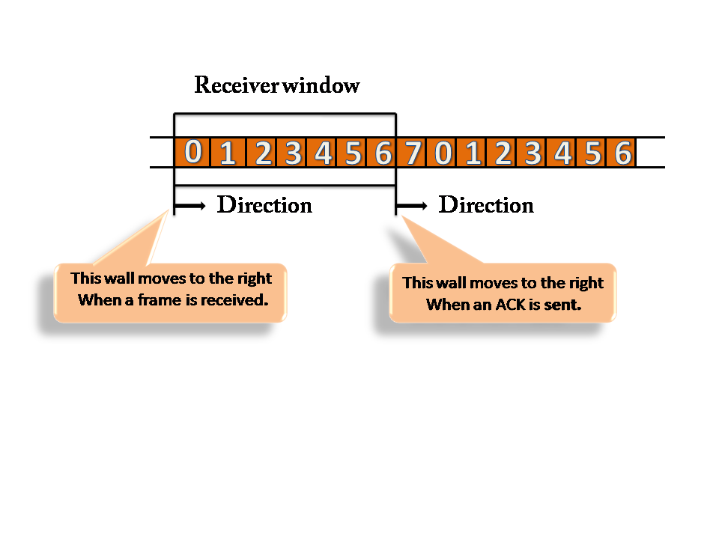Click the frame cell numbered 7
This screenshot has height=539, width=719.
pos(413,153)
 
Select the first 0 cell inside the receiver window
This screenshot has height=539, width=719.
pos(192,153)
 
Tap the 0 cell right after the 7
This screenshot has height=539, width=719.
pos(443,153)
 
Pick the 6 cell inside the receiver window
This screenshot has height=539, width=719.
pos(383,153)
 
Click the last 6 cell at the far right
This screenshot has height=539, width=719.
pos(622,153)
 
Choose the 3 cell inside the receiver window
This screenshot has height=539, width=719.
pos(293,153)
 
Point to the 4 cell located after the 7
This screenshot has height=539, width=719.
pos(562,153)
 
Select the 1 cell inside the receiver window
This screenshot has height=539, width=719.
pos(228,153)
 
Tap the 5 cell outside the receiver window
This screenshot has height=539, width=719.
pos(592,153)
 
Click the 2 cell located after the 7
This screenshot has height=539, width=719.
pos(503,153)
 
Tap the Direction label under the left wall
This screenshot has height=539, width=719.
pos(264,205)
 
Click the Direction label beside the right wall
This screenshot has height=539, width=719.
pos(486,205)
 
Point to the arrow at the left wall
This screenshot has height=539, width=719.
pos(190,205)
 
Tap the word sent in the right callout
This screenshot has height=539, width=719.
pos(565,305)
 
